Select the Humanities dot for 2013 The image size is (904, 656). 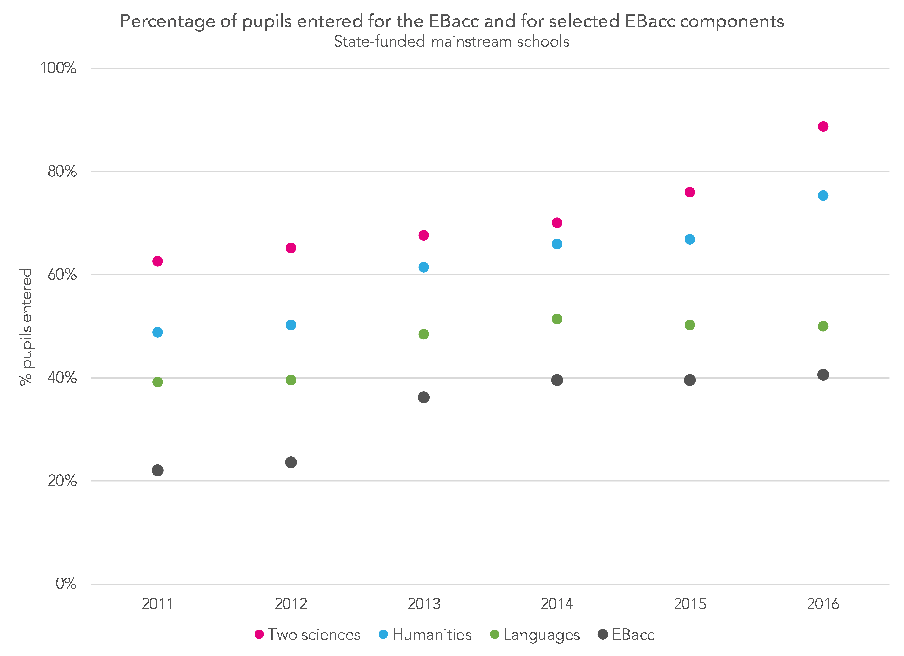click(x=424, y=267)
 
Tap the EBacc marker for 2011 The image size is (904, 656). click(x=157, y=470)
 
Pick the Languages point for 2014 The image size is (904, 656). click(x=557, y=319)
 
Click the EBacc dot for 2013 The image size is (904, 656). click(x=424, y=397)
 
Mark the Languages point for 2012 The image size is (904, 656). click(x=291, y=380)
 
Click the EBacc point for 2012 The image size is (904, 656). click(x=291, y=462)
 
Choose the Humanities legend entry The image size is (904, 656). click(x=425, y=635)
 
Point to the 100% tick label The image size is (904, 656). click(x=58, y=68)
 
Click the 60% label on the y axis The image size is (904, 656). click(x=62, y=275)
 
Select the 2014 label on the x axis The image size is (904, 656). click(x=557, y=604)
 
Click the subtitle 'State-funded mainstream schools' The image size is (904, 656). click(x=452, y=42)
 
